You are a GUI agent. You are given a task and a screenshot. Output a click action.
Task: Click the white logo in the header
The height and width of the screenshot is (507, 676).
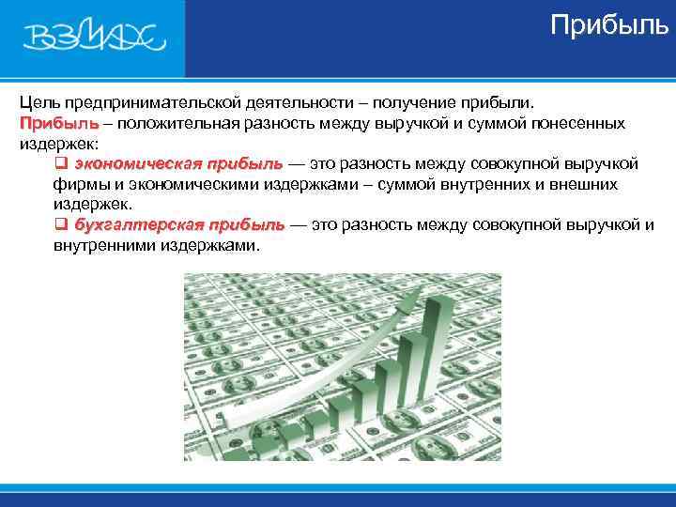(94, 38)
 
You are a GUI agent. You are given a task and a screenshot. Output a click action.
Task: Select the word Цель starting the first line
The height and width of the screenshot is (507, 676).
(38, 102)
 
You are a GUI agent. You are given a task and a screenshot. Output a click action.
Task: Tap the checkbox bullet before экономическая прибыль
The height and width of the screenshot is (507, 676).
(60, 164)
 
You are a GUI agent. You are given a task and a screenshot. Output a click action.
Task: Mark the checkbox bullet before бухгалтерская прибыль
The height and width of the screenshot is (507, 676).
(60, 225)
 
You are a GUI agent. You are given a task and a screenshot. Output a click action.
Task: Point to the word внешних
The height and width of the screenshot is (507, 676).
(586, 185)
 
